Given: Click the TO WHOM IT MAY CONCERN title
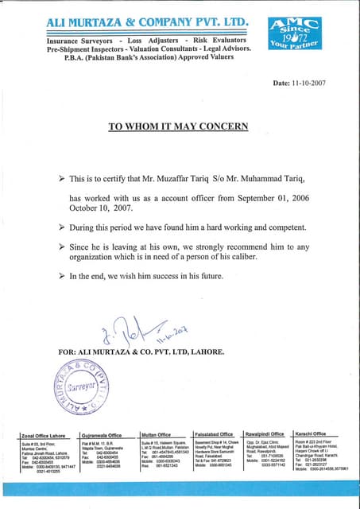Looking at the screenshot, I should tap(178, 126).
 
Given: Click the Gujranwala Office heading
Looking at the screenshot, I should tap(102, 434).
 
